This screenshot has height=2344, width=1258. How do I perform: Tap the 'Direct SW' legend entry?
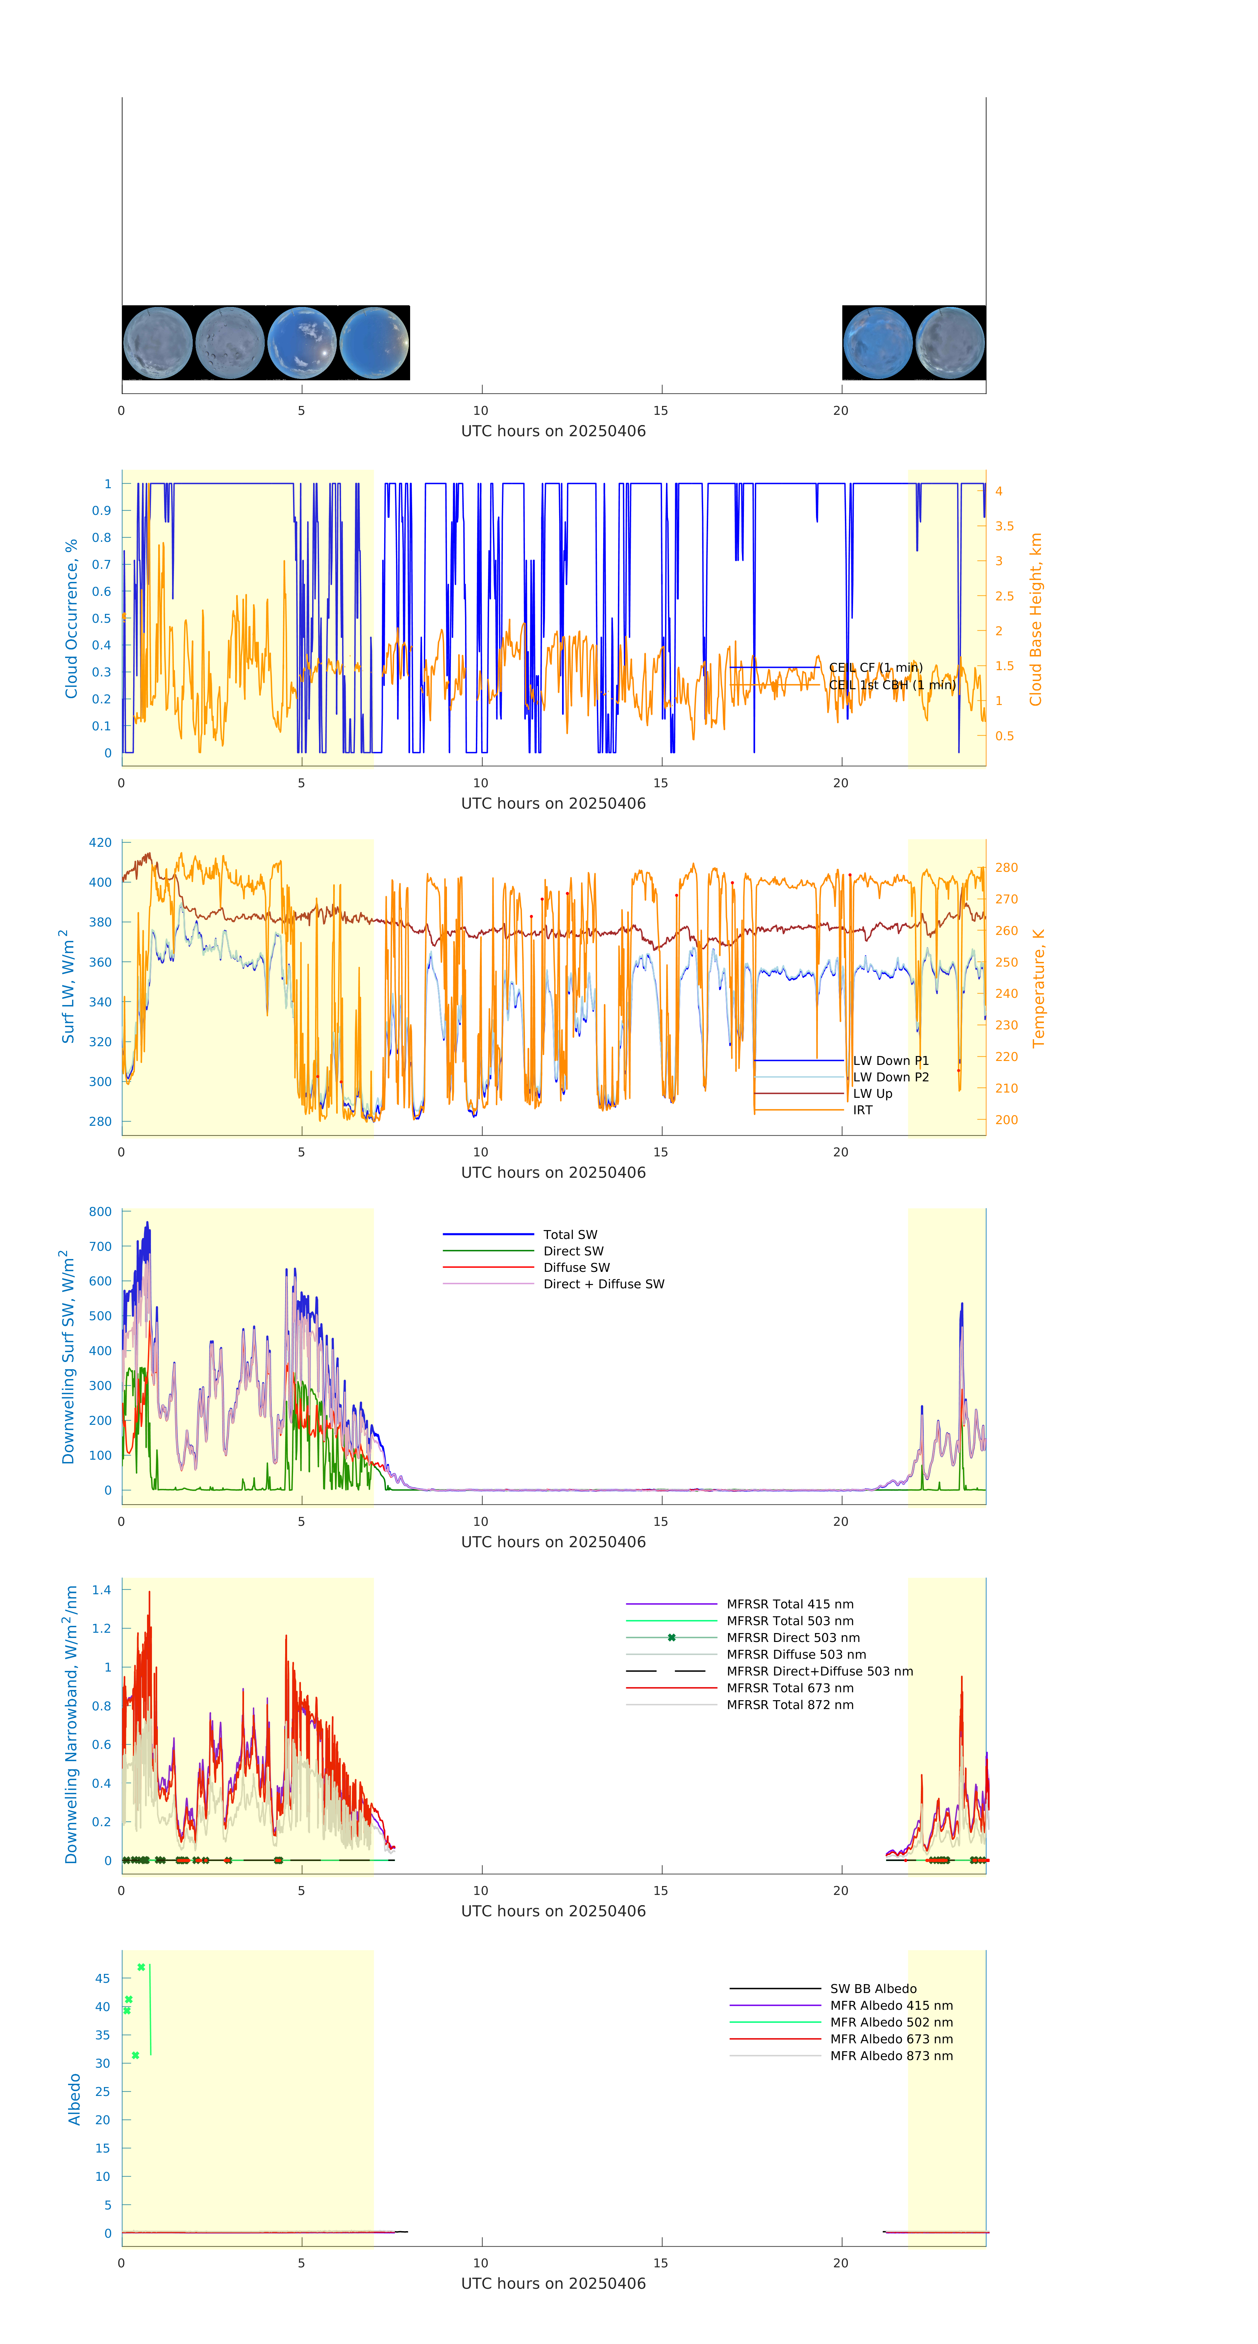click(x=573, y=1251)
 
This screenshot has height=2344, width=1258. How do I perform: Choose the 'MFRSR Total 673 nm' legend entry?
click(x=790, y=1688)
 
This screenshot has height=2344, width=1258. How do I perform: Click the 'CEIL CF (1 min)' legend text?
click(x=875, y=668)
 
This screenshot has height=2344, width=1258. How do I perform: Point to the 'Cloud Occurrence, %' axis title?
click(x=71, y=619)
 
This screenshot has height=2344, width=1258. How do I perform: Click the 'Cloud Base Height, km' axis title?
click(x=1035, y=619)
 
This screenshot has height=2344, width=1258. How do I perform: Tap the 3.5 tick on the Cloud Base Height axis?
click(x=1004, y=526)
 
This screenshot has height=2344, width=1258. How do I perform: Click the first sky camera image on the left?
click(x=157, y=343)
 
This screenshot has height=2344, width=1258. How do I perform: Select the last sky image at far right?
click(x=950, y=343)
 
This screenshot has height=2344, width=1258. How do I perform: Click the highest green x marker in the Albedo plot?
click(x=141, y=1967)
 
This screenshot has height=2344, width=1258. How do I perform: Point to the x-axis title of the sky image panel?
click(x=553, y=431)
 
